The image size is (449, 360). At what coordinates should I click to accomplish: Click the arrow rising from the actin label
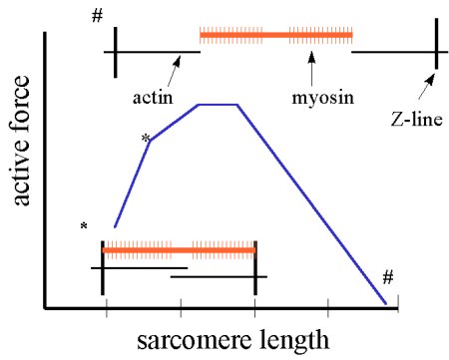[173, 72]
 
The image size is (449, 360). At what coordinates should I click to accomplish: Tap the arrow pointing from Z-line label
[430, 81]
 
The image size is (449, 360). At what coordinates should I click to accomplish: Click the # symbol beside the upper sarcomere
[96, 17]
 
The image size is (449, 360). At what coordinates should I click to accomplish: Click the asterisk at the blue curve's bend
[146, 138]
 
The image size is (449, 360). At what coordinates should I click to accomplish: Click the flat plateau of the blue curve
[219, 104]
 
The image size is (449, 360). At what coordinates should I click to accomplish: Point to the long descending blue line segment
[311, 203]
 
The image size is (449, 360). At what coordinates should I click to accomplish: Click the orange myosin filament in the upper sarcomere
[276, 36]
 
